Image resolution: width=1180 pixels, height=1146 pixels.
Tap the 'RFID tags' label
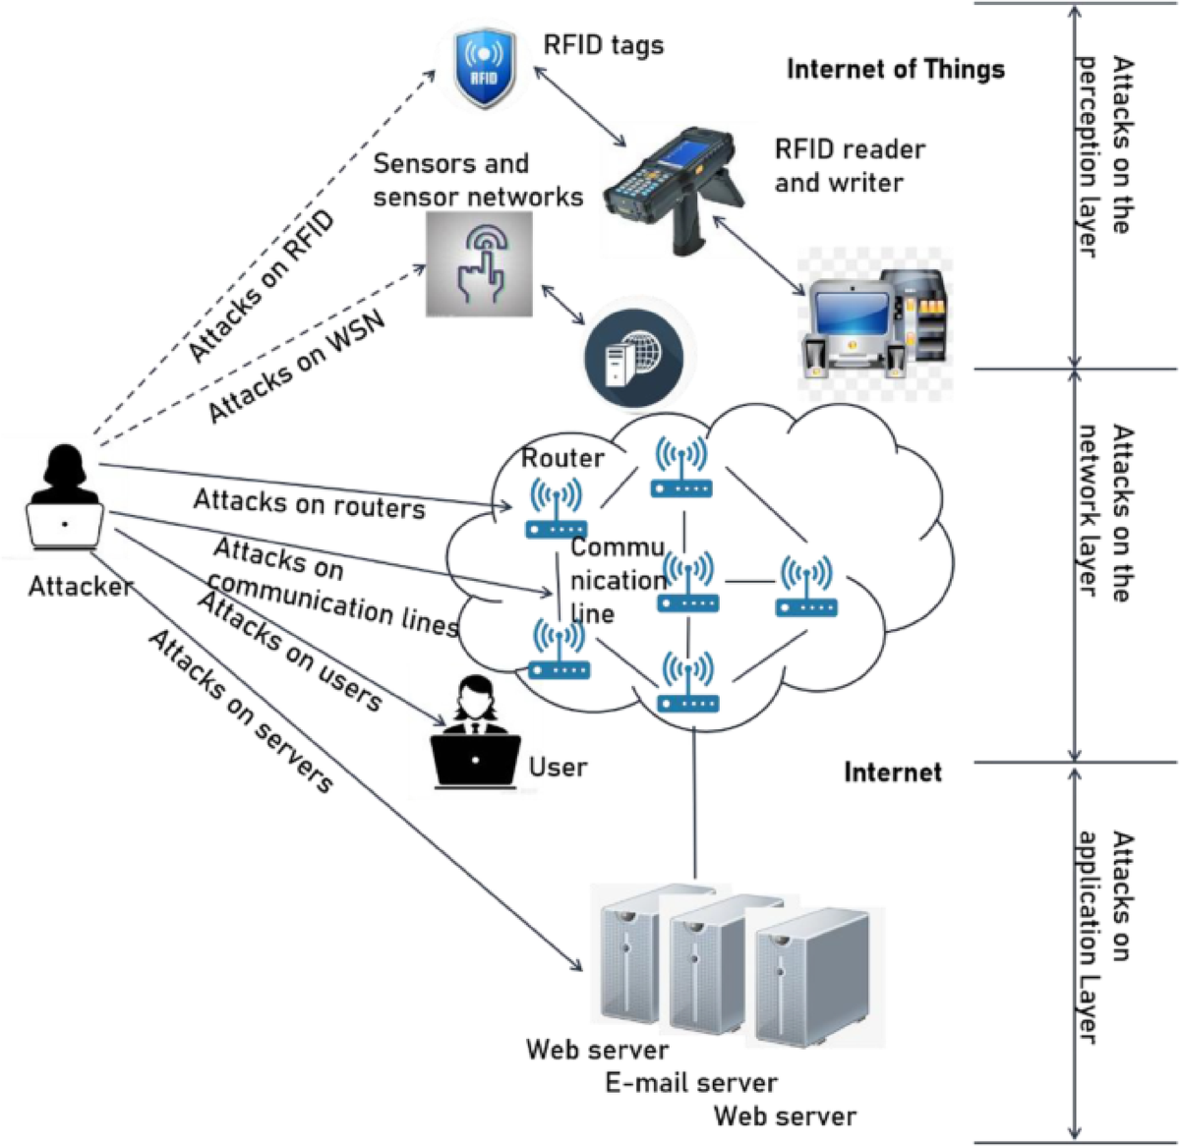(x=603, y=45)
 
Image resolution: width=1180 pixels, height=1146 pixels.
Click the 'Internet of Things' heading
(x=895, y=70)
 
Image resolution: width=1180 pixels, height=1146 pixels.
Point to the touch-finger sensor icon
(x=479, y=263)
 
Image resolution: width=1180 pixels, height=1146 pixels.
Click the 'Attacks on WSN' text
(x=296, y=367)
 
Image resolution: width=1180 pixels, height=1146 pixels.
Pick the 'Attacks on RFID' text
(x=261, y=285)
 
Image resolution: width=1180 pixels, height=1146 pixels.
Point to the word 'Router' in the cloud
(x=561, y=458)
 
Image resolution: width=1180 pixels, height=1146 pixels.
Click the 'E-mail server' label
(x=690, y=1083)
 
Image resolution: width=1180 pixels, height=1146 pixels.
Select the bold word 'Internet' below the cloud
(x=892, y=773)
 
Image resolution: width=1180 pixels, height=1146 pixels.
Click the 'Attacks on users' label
(x=290, y=651)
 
